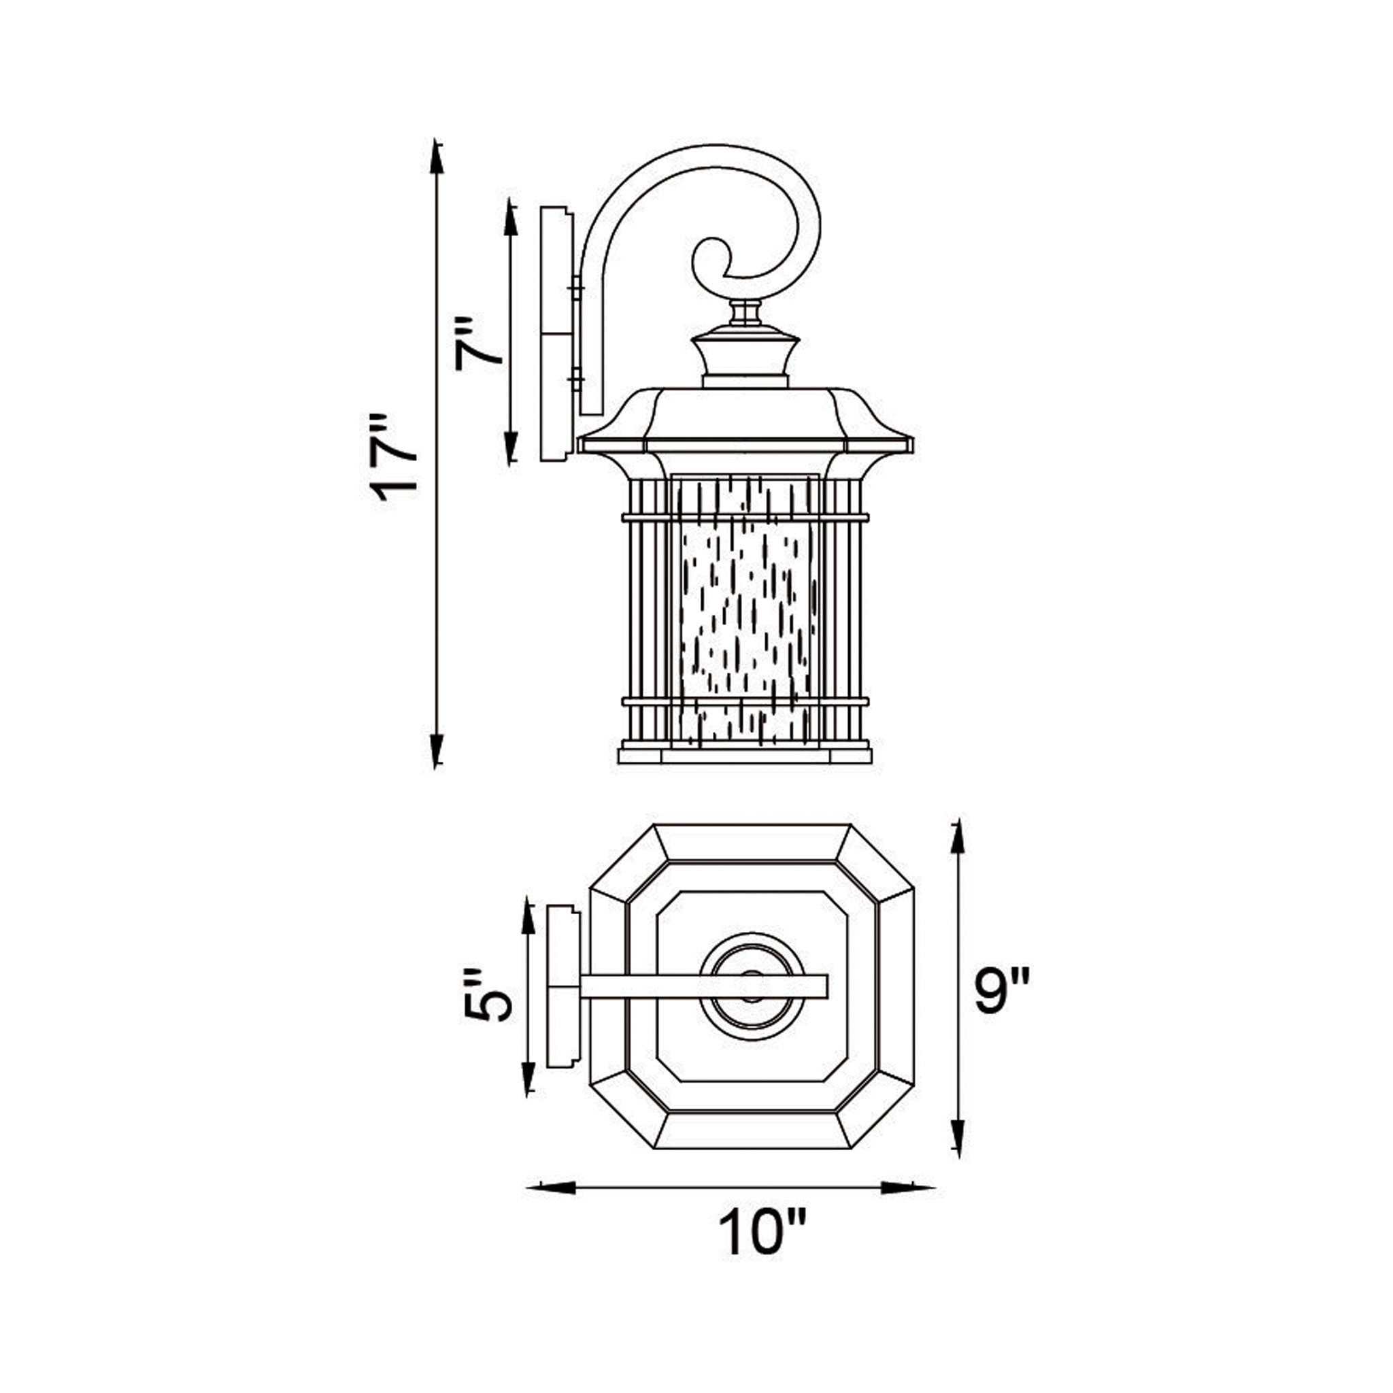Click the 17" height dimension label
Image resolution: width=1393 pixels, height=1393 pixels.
click(x=394, y=458)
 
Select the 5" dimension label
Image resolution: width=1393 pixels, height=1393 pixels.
click(x=488, y=994)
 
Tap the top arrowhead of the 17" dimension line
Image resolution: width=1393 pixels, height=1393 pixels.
click(x=435, y=157)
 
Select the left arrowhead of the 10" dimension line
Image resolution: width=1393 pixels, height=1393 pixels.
click(x=552, y=1188)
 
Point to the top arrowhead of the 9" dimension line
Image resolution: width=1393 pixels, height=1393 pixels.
click(x=957, y=841)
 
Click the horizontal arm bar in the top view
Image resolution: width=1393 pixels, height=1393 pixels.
click(x=703, y=986)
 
